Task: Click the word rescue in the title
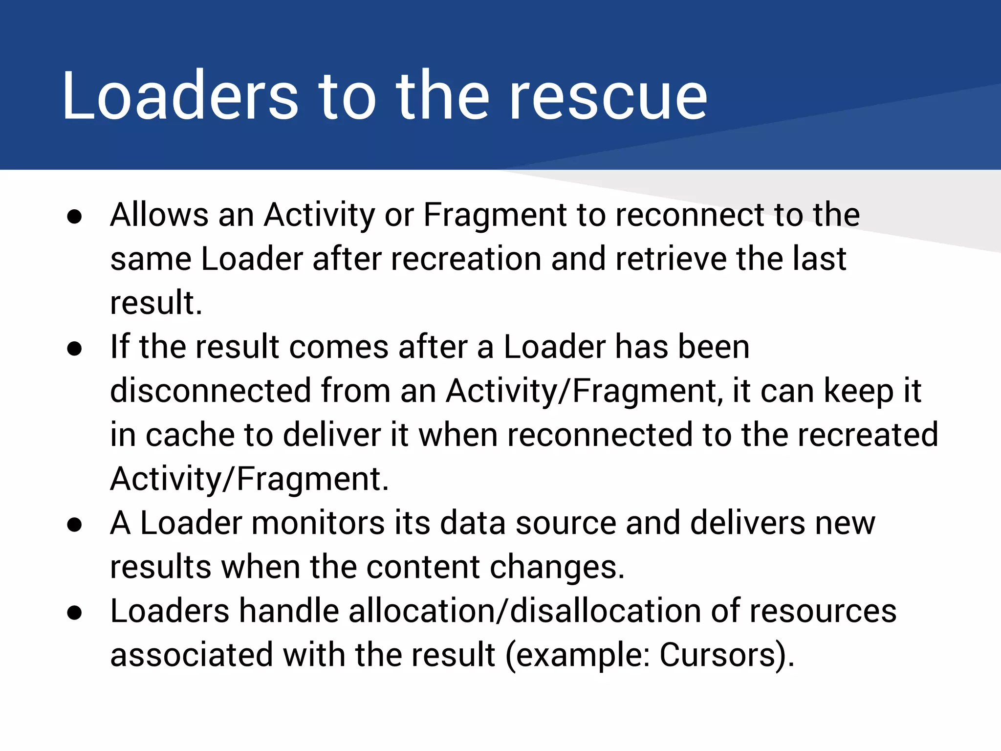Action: pos(608,95)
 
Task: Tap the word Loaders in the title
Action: pos(180,95)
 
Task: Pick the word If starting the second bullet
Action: pos(120,347)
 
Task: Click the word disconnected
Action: pos(211,391)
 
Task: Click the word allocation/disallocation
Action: pos(525,611)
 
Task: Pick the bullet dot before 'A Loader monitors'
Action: pos(75,525)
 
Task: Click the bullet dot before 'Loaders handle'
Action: pos(75,613)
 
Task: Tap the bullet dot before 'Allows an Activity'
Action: pos(75,217)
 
